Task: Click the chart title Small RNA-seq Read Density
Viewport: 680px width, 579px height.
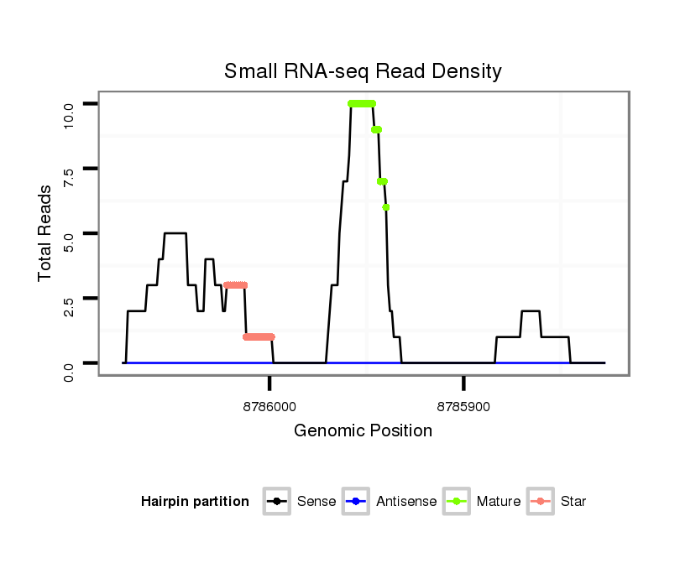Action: point(363,71)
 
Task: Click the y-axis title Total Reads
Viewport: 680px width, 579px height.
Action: point(45,232)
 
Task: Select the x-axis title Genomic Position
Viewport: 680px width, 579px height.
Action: point(363,431)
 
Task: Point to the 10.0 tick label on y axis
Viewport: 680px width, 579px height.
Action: point(70,103)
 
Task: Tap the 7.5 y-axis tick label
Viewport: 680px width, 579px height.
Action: point(70,169)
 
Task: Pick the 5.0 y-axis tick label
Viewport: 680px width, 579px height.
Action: point(70,233)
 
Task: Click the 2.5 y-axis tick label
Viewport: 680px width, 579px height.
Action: point(70,298)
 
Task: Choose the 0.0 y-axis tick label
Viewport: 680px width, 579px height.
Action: point(70,363)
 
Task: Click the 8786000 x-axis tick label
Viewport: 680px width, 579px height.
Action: point(269,406)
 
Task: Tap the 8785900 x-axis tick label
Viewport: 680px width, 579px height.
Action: point(463,406)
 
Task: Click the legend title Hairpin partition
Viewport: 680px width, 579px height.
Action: point(195,502)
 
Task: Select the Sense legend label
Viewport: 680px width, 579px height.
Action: point(316,502)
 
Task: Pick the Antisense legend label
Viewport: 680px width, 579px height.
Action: point(406,502)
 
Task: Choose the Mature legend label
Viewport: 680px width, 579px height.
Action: point(499,502)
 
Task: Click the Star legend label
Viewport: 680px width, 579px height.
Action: point(573,502)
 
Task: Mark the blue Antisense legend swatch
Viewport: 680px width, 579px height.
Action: point(356,502)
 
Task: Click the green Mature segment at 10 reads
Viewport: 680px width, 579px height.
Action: point(362,103)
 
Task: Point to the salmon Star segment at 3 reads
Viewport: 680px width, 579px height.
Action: point(236,285)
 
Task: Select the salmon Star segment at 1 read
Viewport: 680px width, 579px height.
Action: point(259,337)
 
